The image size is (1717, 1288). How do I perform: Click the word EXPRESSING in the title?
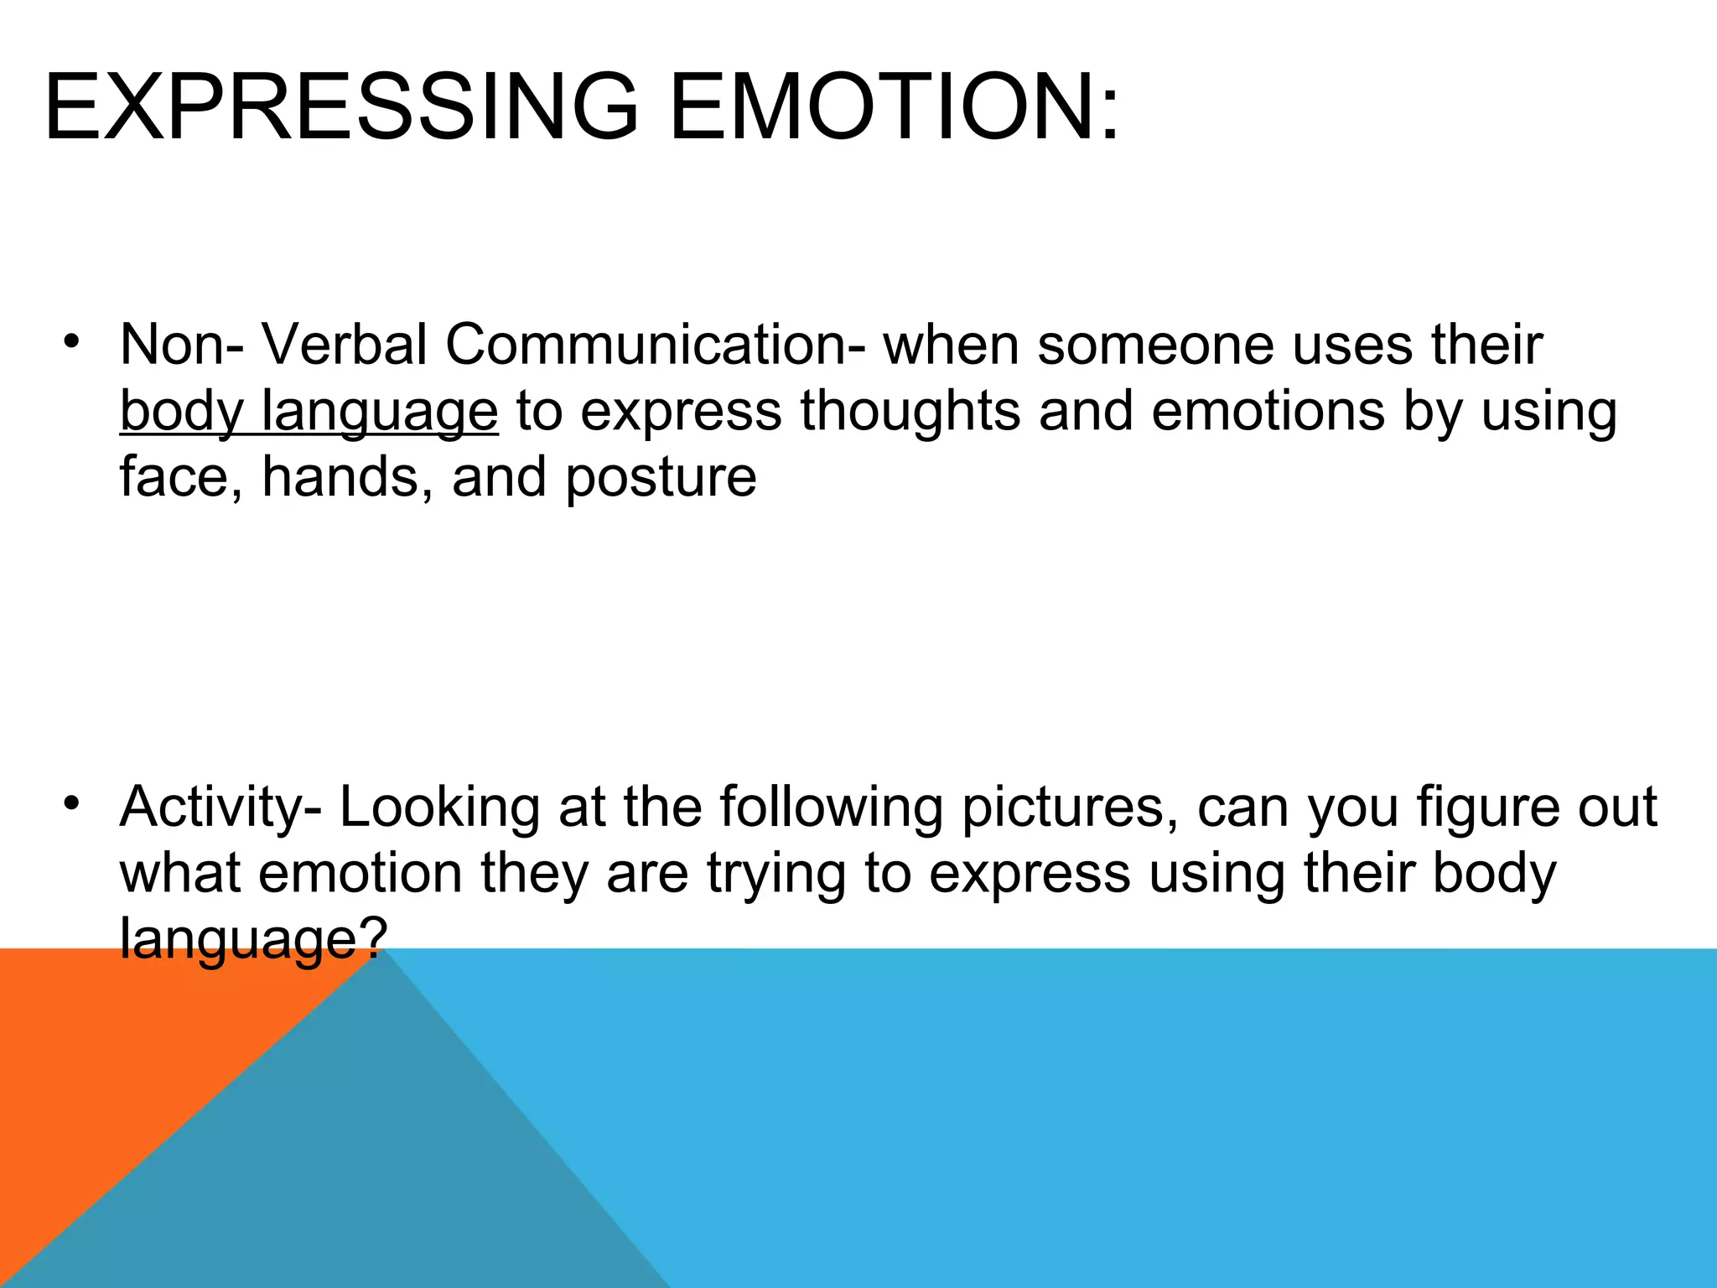[340, 107]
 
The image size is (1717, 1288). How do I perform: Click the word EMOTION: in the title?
[894, 107]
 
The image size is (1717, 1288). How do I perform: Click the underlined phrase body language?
[309, 412]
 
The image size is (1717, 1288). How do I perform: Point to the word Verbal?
[345, 345]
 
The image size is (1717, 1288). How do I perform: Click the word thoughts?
[910, 411]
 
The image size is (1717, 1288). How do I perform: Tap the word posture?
[661, 478]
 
